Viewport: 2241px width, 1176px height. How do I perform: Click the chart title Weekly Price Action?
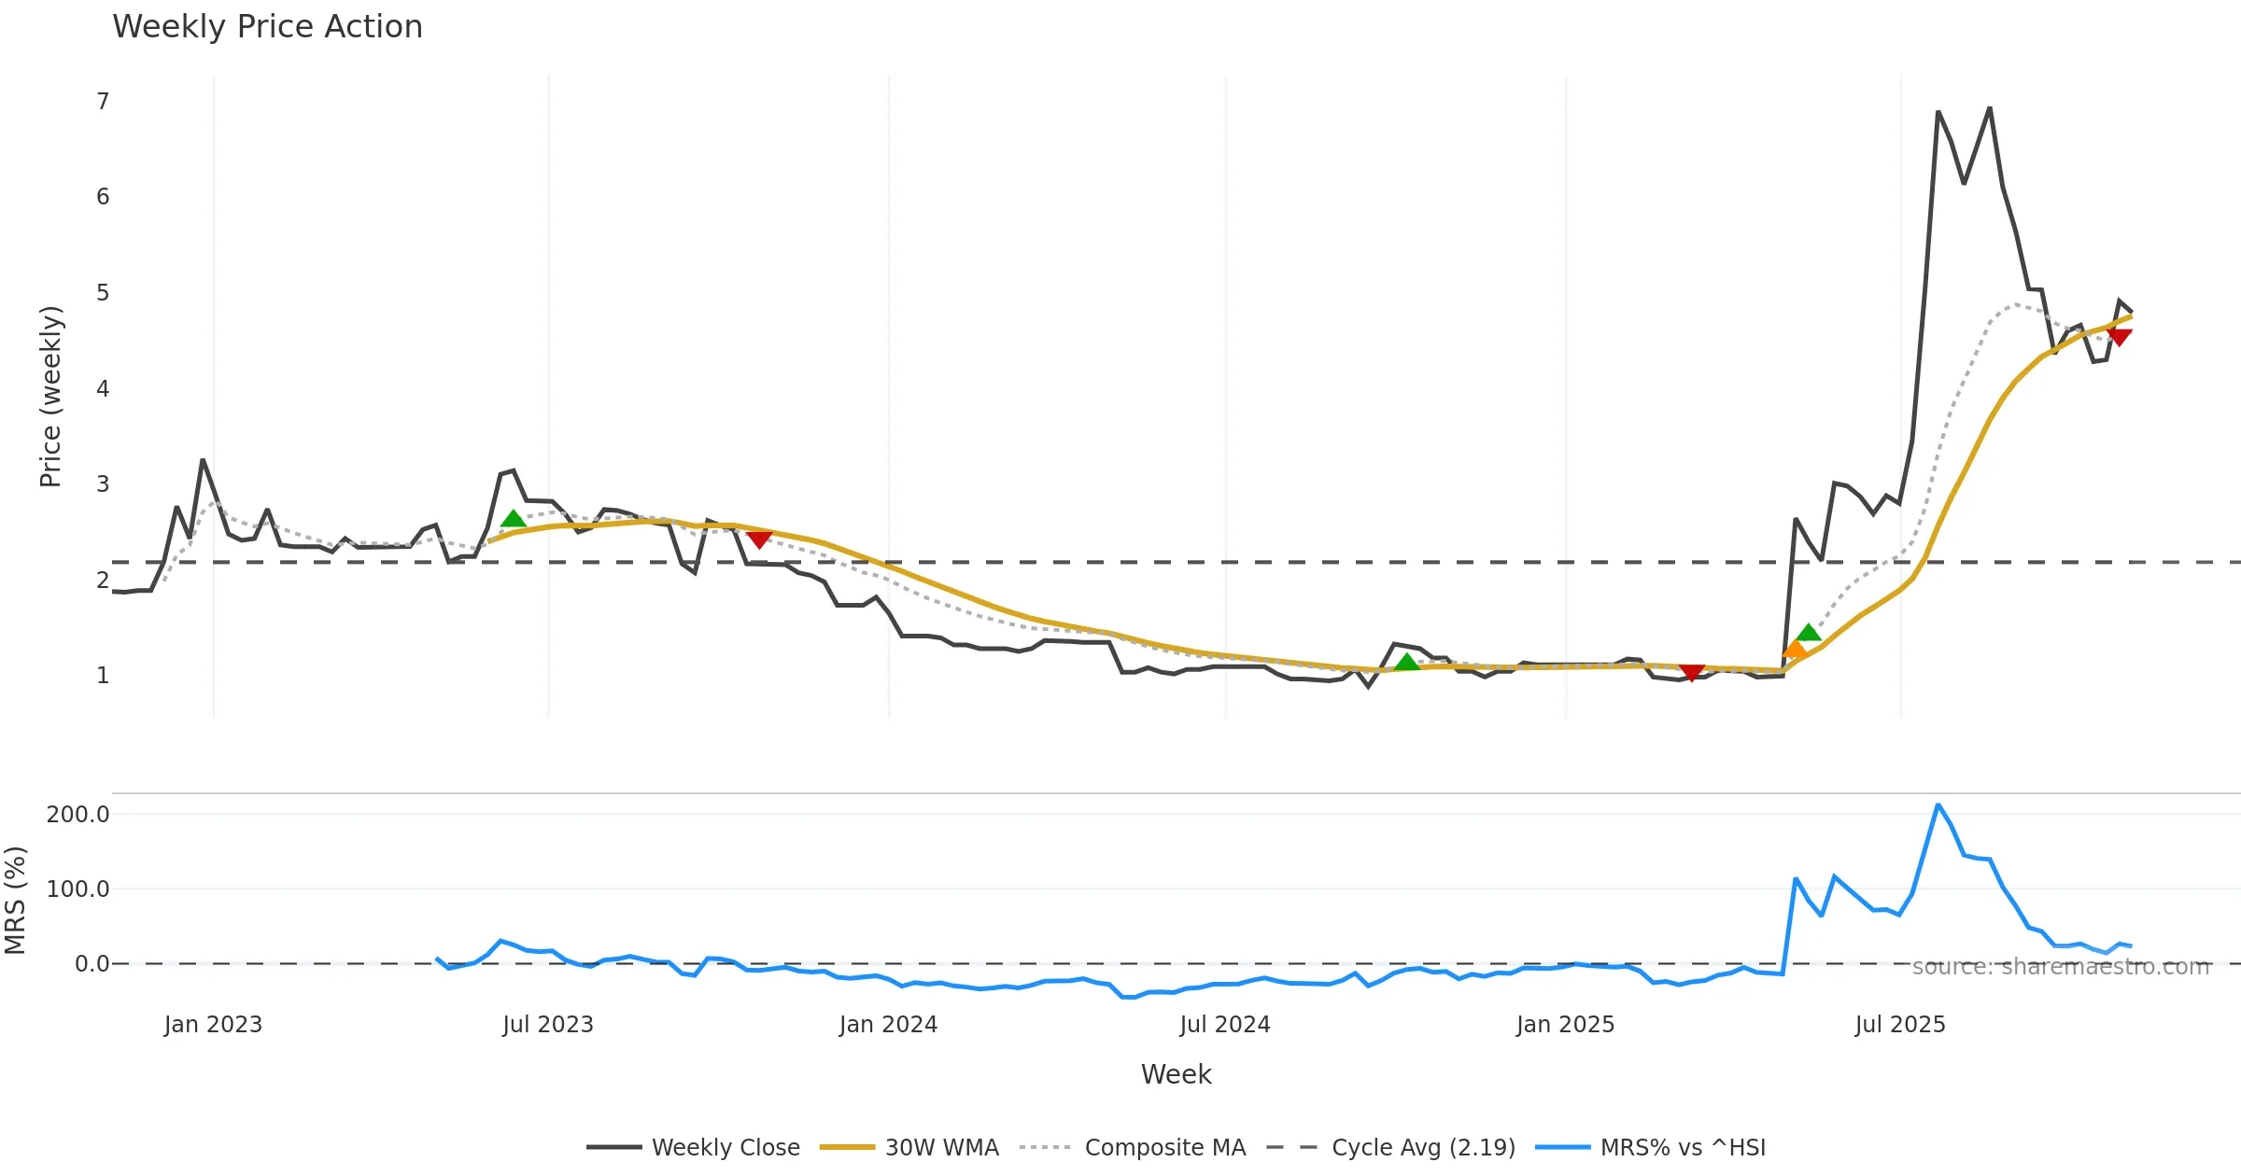point(267,27)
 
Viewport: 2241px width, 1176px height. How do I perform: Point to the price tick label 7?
point(103,101)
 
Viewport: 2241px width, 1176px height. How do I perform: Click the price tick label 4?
point(103,388)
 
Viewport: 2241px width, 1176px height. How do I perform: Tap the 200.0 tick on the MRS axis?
point(78,814)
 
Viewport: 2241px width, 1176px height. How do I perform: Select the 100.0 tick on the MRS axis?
point(78,889)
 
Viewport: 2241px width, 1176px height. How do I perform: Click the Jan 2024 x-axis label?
point(888,1025)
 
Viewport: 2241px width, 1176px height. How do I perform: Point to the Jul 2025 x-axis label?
point(1900,1025)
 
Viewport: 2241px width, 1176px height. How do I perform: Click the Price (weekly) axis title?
point(50,397)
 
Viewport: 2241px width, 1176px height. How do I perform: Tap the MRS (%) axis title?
point(15,901)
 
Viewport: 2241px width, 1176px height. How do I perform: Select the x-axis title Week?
point(1176,1074)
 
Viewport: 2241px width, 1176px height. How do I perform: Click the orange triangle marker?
point(1794,650)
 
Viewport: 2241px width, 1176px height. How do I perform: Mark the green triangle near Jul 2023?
point(513,520)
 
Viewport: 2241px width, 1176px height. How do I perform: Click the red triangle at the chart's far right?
point(2120,336)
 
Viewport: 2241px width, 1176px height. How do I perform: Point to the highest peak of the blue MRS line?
point(1938,805)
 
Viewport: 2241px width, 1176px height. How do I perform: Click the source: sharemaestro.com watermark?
point(2061,967)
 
